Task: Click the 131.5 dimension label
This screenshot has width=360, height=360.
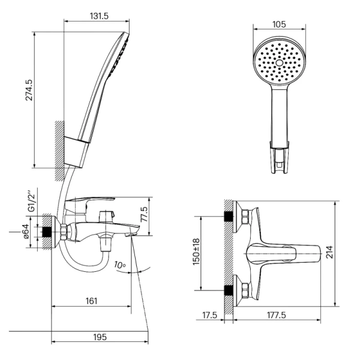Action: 99,16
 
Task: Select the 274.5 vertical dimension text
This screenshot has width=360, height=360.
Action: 29,90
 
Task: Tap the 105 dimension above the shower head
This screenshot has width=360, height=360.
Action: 279,25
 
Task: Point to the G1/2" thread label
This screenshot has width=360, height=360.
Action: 31,201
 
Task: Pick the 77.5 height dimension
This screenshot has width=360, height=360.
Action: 144,214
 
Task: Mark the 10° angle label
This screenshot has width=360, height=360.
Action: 120,265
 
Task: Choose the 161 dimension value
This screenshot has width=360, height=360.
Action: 91,301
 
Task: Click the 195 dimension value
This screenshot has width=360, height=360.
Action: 100,337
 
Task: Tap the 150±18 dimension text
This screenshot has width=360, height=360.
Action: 196,252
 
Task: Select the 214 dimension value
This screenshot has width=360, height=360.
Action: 329,252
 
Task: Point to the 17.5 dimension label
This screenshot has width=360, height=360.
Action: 209,315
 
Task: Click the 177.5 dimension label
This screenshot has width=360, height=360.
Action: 277,315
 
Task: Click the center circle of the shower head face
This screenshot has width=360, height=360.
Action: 280,62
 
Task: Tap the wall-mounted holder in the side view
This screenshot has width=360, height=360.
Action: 76,152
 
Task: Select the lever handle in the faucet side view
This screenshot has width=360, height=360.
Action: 90,203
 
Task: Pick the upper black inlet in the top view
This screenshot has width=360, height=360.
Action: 229,216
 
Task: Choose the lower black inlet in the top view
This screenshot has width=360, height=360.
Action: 229,290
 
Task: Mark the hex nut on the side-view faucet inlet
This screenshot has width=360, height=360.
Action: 64,232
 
